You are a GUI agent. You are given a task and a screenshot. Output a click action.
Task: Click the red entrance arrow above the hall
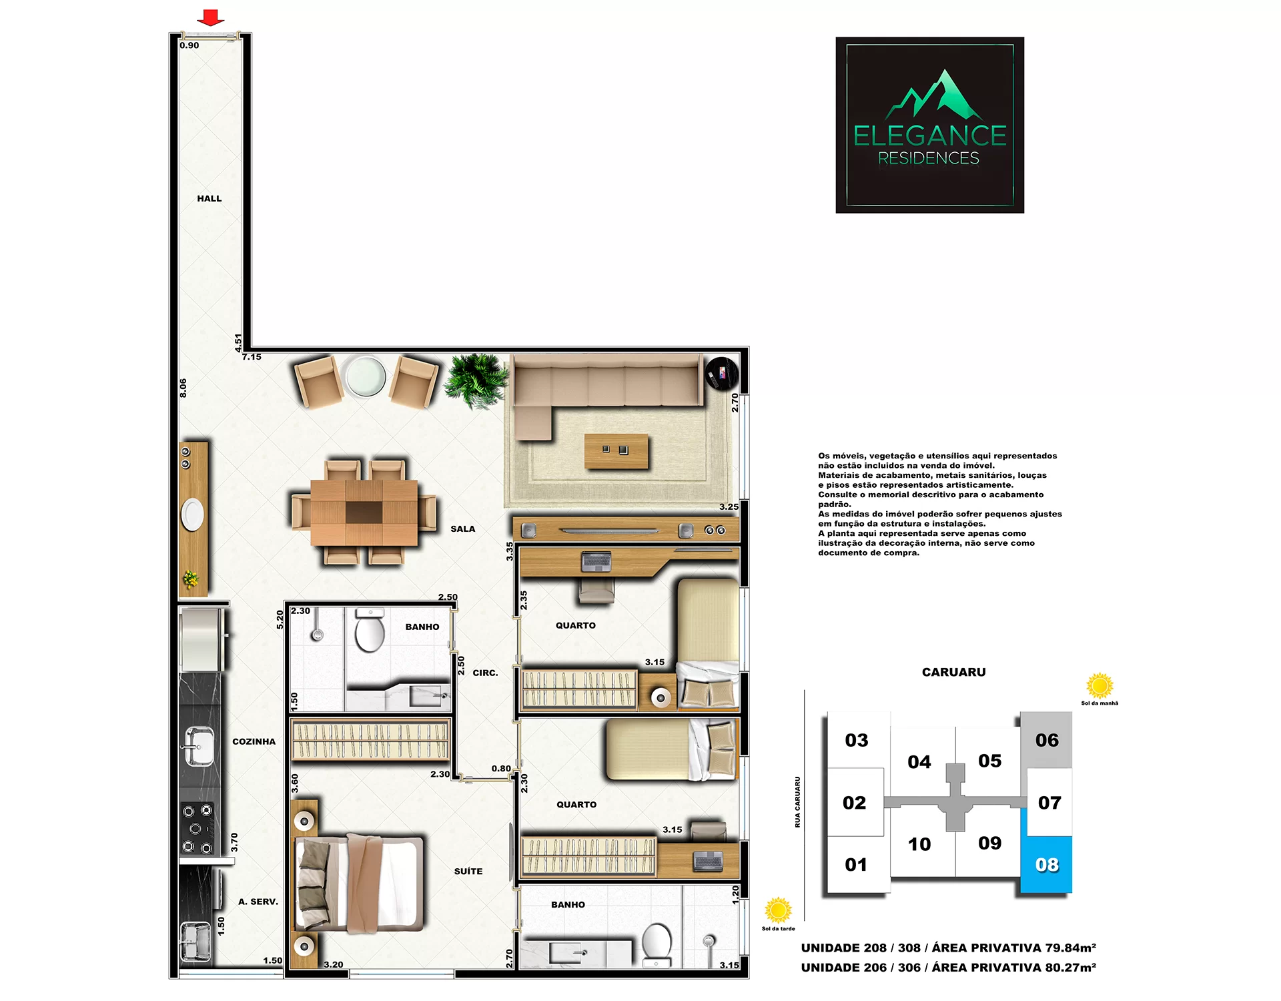(x=211, y=17)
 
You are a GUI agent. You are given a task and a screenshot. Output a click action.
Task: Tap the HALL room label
(x=209, y=198)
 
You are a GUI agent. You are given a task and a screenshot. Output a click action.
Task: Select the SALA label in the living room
(x=463, y=529)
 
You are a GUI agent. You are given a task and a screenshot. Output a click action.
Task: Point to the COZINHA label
(x=254, y=741)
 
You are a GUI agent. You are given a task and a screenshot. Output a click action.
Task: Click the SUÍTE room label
(x=468, y=871)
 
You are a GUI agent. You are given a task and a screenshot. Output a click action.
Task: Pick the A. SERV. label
(x=258, y=902)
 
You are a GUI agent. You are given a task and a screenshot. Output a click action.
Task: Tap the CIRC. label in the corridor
(x=485, y=673)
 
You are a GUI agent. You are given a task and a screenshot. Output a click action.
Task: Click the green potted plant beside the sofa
(x=476, y=380)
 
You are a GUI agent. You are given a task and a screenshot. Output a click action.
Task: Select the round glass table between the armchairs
(x=366, y=376)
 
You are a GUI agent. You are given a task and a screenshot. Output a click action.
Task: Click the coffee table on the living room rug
(x=616, y=451)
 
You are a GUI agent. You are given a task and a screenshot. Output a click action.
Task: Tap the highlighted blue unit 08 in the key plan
(x=1047, y=864)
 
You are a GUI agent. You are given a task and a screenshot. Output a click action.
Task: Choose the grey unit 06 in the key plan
(x=1047, y=739)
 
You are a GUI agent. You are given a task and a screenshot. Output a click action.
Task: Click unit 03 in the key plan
(x=857, y=740)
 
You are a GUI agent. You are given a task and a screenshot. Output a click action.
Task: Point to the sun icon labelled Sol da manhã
(x=1100, y=686)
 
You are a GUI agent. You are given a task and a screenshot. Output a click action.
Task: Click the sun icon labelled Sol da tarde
(x=778, y=910)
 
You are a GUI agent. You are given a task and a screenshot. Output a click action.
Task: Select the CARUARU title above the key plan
(x=953, y=672)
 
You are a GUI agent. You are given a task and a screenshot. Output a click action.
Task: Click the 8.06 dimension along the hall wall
(x=183, y=388)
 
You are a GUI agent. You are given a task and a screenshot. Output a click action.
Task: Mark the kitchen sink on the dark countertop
(x=198, y=746)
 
